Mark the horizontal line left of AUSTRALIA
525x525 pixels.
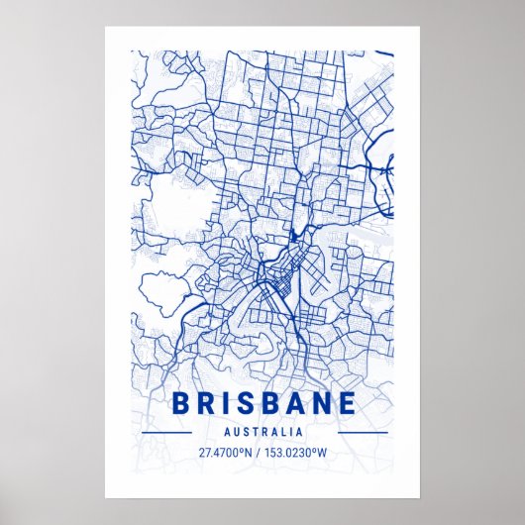pyautogui.click(x=165, y=433)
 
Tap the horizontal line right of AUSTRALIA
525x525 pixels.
pyautogui.click(x=363, y=433)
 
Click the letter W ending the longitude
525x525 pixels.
pyautogui.click(x=325, y=453)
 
